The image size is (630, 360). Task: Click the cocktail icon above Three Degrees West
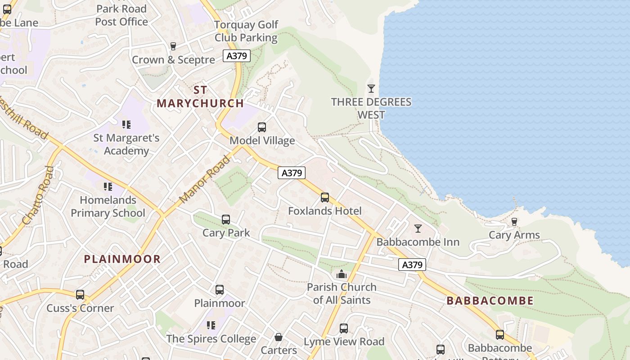point(371,89)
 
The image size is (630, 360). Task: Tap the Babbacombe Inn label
point(418,242)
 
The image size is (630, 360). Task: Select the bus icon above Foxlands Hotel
point(325,198)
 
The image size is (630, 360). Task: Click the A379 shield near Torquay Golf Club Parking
point(237,56)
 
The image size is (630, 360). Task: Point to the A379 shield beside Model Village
point(292,173)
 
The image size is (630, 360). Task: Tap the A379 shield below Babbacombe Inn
point(412,265)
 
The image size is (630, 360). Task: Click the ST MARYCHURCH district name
point(200,96)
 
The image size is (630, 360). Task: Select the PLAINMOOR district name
point(122,259)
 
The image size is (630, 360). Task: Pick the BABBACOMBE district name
point(490,301)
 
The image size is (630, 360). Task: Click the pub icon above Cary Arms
point(514,222)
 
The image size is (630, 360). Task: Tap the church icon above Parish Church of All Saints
point(342,274)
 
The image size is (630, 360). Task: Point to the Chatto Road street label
point(38,195)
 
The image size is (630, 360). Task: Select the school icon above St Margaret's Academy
point(126,124)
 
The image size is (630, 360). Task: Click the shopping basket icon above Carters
point(279,337)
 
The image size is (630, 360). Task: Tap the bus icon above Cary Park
point(226,220)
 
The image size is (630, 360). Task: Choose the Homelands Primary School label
point(108,207)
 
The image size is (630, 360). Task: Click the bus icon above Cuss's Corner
point(80,295)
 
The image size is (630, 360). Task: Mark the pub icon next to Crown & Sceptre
point(173,46)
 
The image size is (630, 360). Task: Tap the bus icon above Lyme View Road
point(344,328)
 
